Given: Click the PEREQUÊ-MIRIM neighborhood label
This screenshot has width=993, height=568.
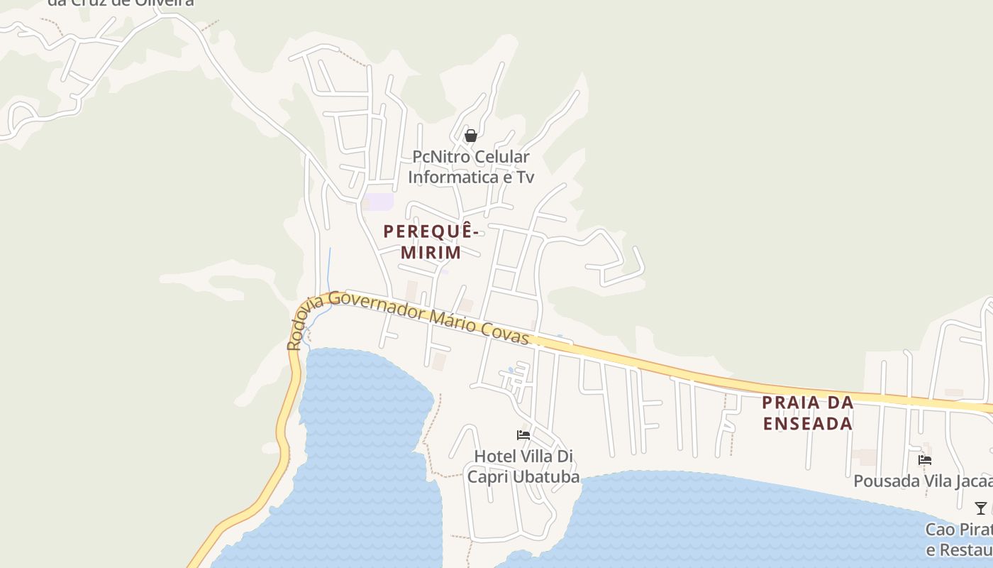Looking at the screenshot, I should [430, 241].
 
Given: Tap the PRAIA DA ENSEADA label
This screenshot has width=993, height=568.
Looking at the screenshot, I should [807, 413].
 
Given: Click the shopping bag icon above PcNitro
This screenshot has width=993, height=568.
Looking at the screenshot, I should [470, 136].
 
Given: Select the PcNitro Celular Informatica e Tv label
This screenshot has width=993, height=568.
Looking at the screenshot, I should [471, 167].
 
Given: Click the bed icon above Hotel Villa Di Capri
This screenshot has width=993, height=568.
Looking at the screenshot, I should [523, 435].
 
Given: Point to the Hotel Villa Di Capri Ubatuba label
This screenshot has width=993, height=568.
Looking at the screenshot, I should [523, 466].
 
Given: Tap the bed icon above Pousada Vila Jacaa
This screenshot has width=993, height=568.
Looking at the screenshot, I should [924, 459].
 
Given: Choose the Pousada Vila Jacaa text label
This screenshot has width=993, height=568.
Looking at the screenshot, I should [922, 481].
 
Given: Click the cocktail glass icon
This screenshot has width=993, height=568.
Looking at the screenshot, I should [980, 508].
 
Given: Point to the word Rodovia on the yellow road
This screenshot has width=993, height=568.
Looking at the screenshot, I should [304, 323].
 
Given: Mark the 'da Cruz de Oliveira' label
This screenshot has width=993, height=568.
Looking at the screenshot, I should [121, 2].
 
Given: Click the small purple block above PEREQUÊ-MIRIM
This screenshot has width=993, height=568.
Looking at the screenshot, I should [379, 202].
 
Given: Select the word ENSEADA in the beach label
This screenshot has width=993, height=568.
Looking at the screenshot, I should [807, 424].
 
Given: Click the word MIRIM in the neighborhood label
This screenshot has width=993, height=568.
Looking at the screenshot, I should [431, 252].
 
